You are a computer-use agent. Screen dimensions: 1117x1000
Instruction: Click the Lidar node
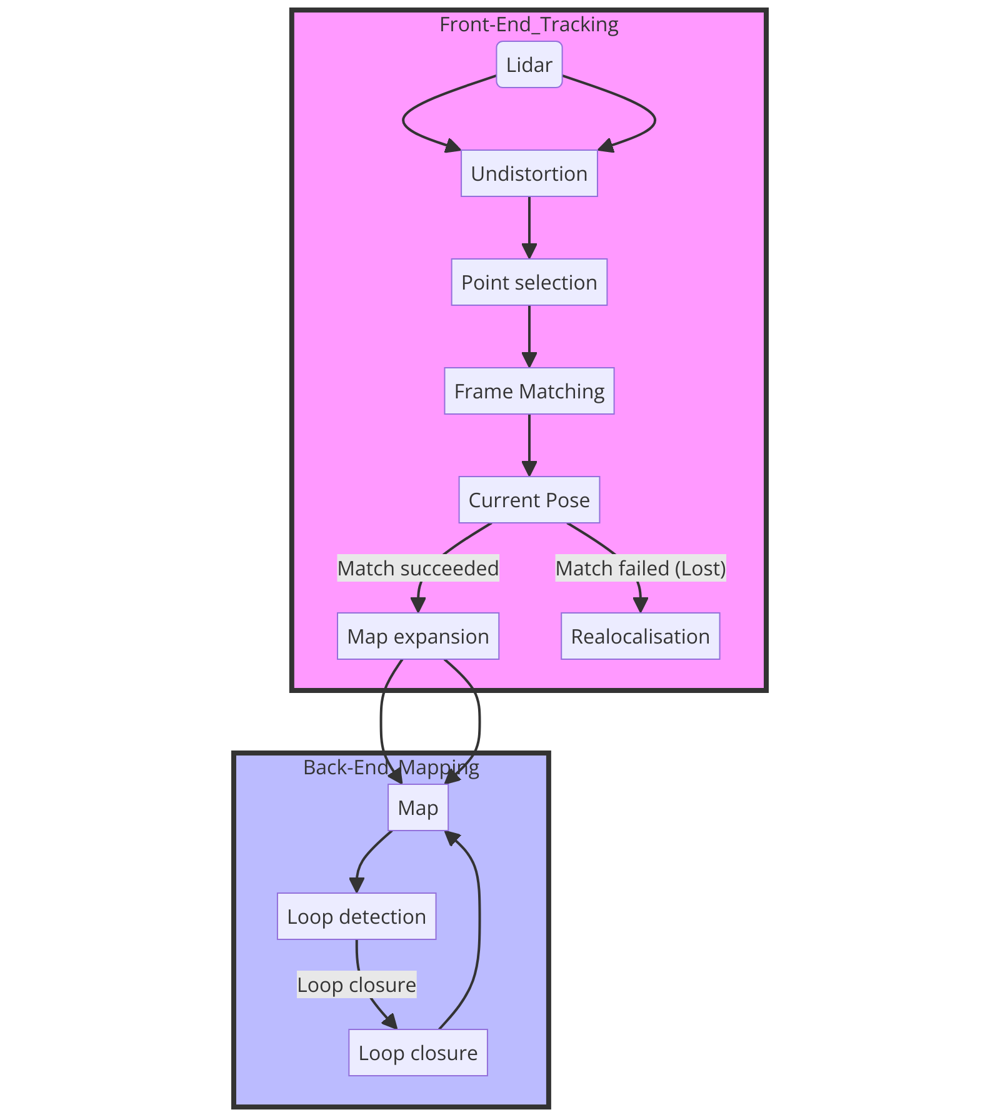coord(529,65)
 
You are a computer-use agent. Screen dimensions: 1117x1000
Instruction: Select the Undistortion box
coord(529,173)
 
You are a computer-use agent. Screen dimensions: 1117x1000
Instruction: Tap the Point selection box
coord(529,282)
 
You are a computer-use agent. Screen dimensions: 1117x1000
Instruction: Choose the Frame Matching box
coord(529,391)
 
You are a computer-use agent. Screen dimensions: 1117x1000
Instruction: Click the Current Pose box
coord(529,500)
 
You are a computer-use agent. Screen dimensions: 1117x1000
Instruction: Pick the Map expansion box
coord(417,636)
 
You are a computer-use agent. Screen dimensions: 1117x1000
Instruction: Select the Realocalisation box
coord(640,636)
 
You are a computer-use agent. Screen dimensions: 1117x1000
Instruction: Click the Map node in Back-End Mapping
coord(417,807)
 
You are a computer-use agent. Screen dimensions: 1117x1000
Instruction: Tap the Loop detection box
coord(356,916)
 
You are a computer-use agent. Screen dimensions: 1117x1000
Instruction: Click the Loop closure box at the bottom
coord(417,1053)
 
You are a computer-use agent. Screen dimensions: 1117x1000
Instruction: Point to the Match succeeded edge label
coord(417,568)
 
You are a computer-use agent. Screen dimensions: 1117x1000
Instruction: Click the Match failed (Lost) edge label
coord(640,568)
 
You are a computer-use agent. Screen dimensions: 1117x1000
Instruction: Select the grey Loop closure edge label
coord(356,984)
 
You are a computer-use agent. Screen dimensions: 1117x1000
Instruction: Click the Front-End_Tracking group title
coord(529,24)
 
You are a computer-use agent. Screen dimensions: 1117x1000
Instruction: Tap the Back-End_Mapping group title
coord(391,767)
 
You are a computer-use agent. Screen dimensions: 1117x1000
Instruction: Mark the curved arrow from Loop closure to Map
coord(479,938)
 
